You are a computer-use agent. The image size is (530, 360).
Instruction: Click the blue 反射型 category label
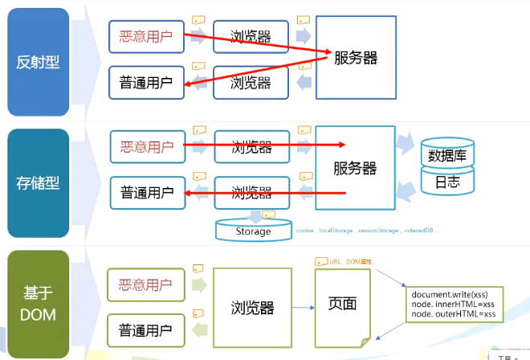(36, 60)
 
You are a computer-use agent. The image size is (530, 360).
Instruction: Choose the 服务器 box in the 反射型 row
(357, 58)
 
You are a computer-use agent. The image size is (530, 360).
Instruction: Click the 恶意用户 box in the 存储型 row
(146, 147)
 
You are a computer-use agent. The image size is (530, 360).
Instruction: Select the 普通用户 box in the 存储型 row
(146, 193)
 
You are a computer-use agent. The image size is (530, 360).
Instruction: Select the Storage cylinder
(253, 231)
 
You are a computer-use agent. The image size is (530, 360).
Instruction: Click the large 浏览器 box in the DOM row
(252, 307)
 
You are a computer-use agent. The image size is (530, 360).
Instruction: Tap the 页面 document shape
(342, 305)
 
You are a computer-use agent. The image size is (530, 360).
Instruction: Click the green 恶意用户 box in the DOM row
(145, 284)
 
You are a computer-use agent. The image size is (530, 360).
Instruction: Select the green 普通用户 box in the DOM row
(145, 330)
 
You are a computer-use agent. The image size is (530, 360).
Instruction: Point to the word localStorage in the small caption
(336, 231)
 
